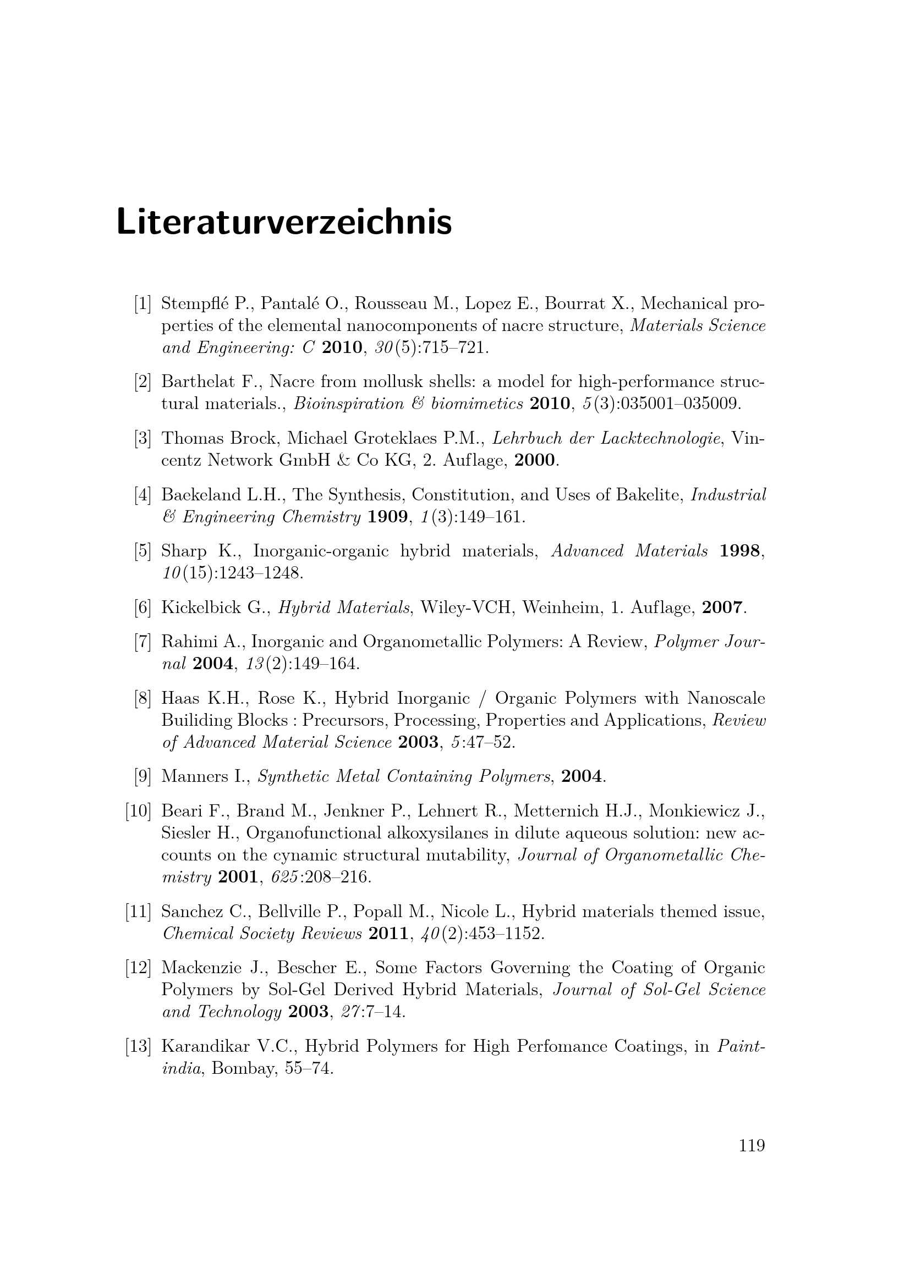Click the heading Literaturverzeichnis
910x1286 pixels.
(283, 222)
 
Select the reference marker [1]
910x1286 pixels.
(142, 303)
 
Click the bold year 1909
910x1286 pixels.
(387, 516)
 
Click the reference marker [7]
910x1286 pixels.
(142, 642)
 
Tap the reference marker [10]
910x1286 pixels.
(139, 811)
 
